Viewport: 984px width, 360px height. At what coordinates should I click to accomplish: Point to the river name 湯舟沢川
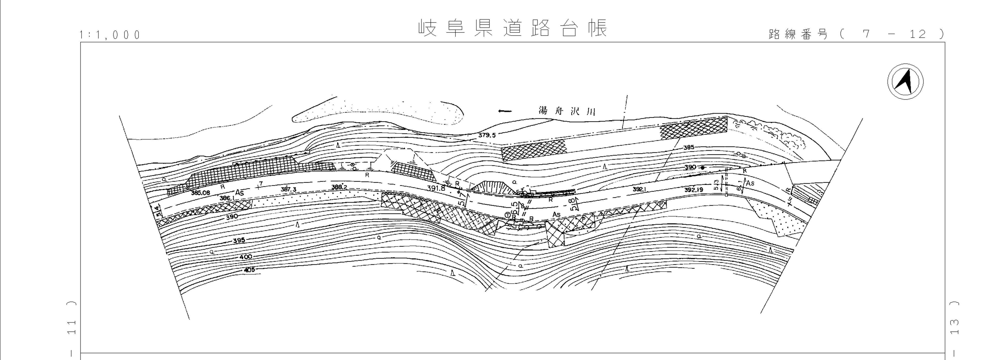pyautogui.click(x=567, y=111)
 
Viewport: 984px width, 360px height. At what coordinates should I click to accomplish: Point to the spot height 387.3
pyautogui.click(x=288, y=189)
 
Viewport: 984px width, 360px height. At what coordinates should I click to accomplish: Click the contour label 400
pyautogui.click(x=246, y=257)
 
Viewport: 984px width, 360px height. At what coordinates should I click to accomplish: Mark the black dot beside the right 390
pyautogui.click(x=702, y=167)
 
